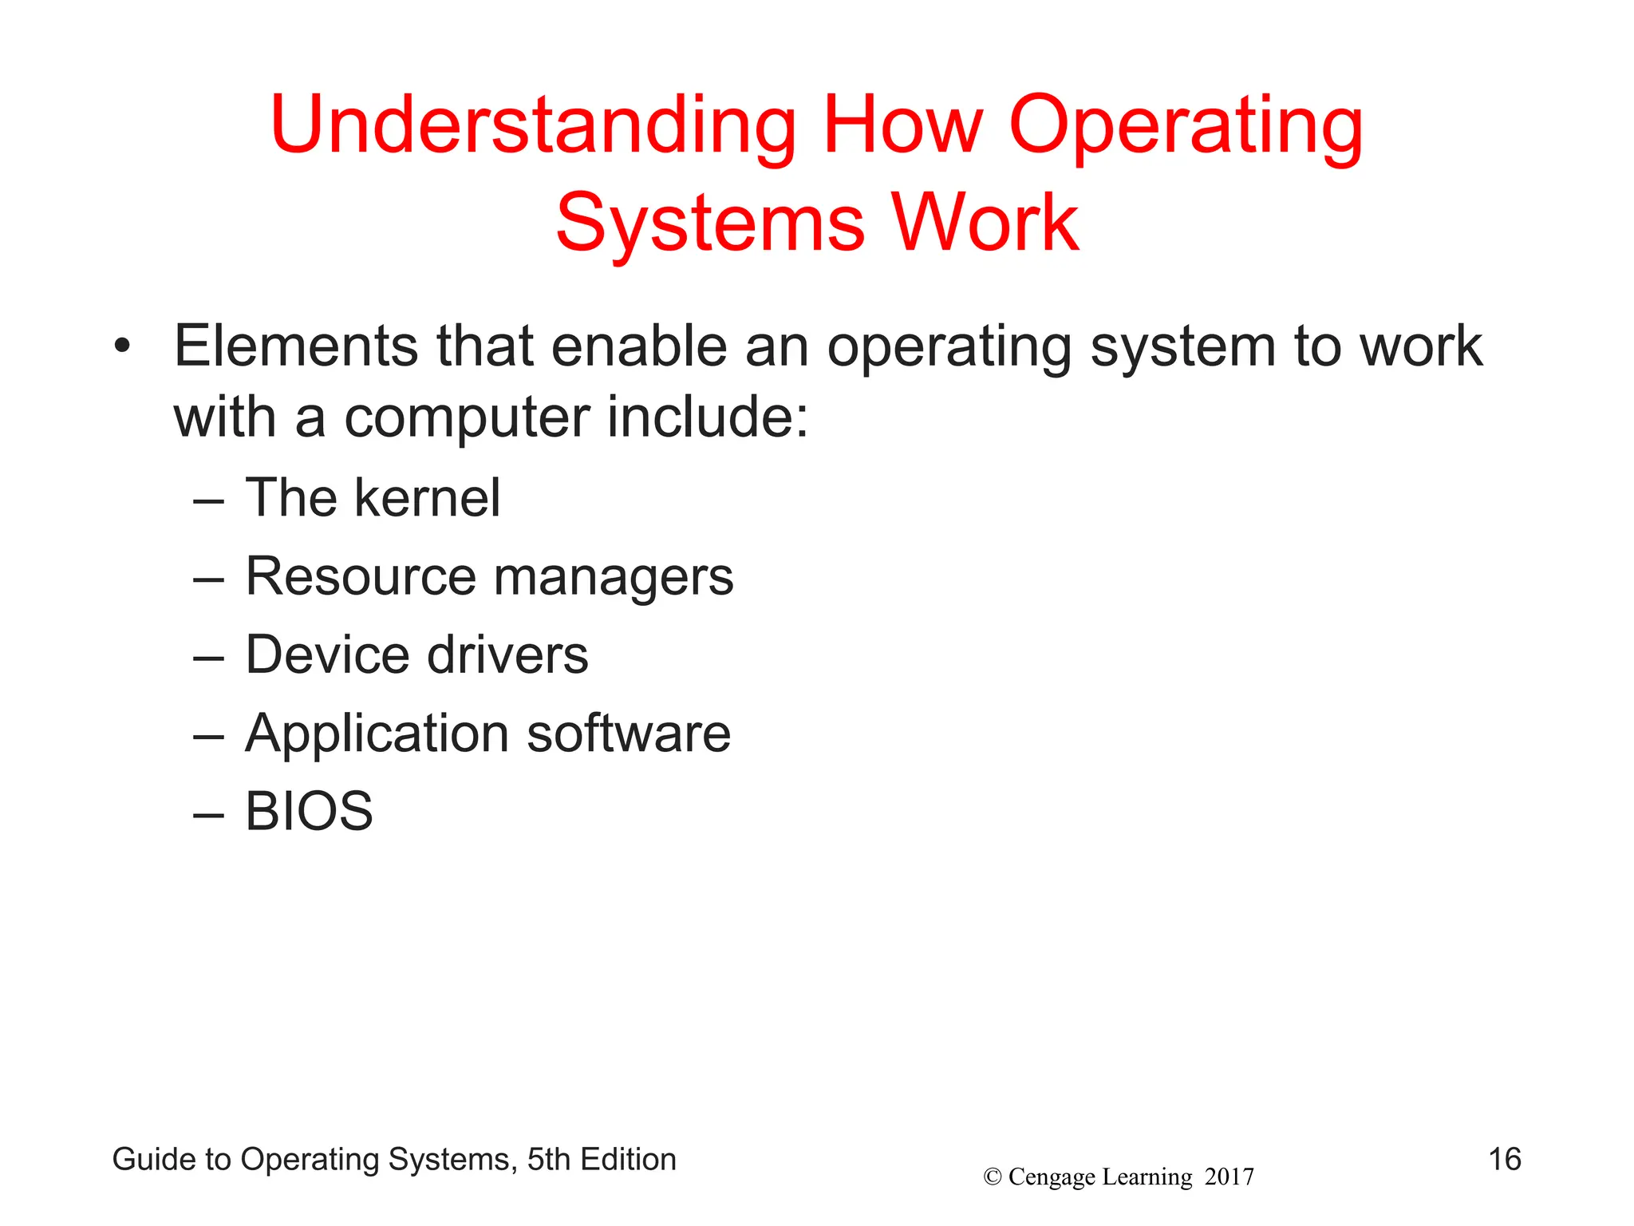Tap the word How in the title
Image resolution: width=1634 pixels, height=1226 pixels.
tap(902, 125)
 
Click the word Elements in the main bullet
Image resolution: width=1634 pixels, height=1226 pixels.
tap(296, 346)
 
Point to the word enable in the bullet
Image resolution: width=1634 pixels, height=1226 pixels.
tap(638, 346)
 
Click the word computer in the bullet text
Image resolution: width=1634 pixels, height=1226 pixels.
tap(467, 418)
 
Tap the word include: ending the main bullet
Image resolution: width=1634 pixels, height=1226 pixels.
tap(708, 417)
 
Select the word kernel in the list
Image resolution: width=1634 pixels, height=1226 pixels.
tap(427, 498)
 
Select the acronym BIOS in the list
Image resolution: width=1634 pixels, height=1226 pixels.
tap(309, 811)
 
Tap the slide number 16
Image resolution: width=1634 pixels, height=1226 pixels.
tap(1505, 1159)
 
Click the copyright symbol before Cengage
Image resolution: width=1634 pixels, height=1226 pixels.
tap(993, 1177)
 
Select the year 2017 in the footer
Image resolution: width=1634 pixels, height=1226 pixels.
tap(1229, 1177)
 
